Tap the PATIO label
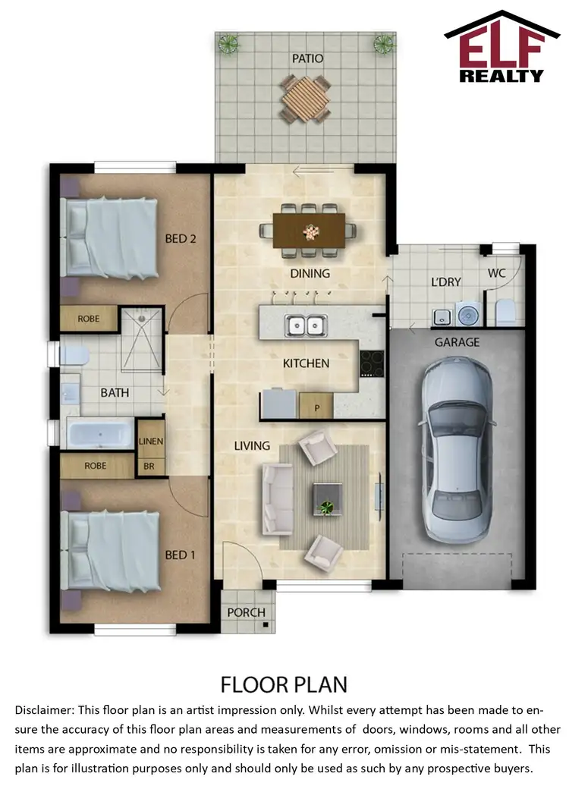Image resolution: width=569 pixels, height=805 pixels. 307,58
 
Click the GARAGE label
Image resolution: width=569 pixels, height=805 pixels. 457,342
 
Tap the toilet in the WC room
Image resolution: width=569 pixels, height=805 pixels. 504,310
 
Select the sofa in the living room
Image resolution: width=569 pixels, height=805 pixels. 277,498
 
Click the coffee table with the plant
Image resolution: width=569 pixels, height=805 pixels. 328,498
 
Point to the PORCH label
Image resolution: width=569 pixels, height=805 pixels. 247,612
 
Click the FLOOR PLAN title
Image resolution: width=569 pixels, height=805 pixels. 284,684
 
